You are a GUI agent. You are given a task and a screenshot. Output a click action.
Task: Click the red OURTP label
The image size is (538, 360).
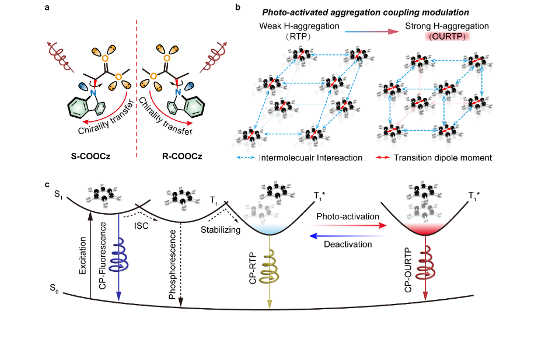(447, 36)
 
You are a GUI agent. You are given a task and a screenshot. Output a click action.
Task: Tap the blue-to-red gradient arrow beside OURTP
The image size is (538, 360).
(372, 32)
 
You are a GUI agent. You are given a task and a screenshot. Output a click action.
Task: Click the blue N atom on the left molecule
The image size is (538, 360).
(93, 92)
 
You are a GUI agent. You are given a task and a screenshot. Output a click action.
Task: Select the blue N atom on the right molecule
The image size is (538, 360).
(178, 92)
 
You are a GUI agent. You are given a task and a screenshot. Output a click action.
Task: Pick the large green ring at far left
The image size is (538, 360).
(78, 107)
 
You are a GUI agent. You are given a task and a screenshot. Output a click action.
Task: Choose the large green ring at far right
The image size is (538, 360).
(194, 107)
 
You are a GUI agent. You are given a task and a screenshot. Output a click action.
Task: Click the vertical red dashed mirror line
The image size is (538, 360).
(137, 88)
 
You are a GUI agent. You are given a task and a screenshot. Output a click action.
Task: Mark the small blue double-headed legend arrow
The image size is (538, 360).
(246, 157)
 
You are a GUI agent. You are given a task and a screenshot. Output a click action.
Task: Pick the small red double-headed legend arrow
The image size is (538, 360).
(383, 157)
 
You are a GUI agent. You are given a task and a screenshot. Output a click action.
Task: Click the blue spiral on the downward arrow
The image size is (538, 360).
(118, 256)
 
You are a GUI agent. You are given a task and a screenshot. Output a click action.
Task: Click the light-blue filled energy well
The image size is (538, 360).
(269, 228)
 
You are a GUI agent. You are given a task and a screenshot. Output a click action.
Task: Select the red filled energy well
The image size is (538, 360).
(424, 228)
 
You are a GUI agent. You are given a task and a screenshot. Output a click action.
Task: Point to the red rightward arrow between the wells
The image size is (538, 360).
(348, 225)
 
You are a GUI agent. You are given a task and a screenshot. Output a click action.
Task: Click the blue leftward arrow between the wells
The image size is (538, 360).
(348, 236)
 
